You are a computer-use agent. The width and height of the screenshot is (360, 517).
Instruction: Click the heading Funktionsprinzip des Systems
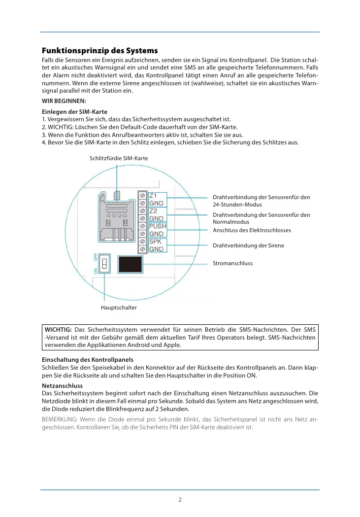(x=100, y=51)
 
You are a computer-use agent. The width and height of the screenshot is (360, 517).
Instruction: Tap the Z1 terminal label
(x=153, y=196)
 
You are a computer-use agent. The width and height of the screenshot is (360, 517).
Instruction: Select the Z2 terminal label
(x=153, y=211)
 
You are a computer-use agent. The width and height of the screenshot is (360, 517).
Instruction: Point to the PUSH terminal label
(x=158, y=226)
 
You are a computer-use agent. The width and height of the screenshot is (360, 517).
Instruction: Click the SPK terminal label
(x=155, y=241)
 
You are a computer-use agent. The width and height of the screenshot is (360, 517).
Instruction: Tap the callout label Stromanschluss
(x=232, y=263)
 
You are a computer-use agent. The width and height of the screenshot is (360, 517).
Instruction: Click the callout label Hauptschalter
(x=119, y=307)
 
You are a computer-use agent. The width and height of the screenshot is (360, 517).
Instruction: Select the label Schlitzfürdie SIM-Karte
(x=119, y=158)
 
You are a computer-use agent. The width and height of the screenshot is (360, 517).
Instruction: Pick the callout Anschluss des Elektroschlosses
(x=252, y=230)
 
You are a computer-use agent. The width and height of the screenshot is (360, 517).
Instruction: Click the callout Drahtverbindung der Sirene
(x=248, y=245)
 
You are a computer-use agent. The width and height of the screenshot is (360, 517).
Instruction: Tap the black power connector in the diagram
(x=131, y=264)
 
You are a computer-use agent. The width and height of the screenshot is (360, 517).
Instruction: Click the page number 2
(x=180, y=499)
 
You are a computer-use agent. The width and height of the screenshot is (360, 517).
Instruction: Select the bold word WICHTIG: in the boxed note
(x=58, y=329)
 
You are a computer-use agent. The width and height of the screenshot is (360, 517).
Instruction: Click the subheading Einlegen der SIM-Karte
(x=74, y=112)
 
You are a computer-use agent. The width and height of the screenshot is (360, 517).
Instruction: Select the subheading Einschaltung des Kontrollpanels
(x=88, y=360)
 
